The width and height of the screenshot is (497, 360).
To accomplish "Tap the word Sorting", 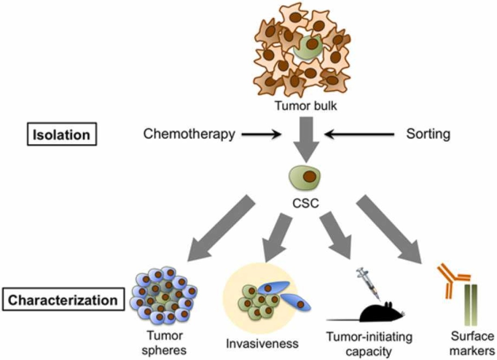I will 428,134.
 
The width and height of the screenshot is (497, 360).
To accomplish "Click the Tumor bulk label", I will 303,106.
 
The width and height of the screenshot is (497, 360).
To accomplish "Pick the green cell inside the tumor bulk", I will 307,50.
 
